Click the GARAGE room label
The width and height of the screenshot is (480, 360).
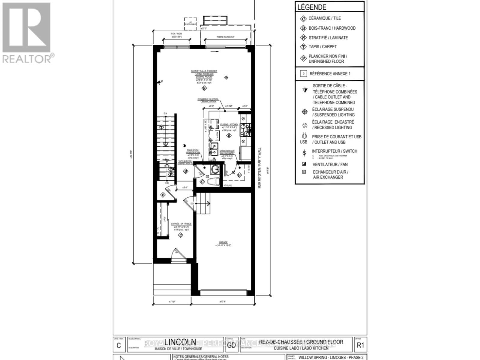pyautogui.click(x=223, y=242)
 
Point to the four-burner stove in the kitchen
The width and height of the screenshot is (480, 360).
pyautogui.click(x=245, y=130)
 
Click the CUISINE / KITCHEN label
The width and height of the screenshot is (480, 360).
pyautogui.click(x=229, y=124)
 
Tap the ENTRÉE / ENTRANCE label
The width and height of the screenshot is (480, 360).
pyautogui.click(x=181, y=224)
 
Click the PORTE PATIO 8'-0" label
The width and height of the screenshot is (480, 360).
pyautogui.click(x=226, y=37)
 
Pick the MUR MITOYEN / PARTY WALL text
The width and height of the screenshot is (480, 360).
pyautogui.click(x=260, y=168)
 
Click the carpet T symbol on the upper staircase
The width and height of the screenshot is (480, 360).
pyautogui.click(x=162, y=127)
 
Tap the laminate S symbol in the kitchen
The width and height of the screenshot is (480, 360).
pyautogui.click(x=229, y=136)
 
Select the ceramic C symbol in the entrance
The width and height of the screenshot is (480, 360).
pyautogui.click(x=181, y=235)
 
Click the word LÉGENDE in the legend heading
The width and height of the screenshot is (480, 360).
pyautogui.click(x=312, y=7)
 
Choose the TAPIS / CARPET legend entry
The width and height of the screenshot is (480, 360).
pyautogui.click(x=322, y=47)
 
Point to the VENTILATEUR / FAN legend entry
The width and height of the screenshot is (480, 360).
pyautogui.click(x=330, y=164)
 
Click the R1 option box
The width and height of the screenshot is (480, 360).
pyautogui.click(x=360, y=345)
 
